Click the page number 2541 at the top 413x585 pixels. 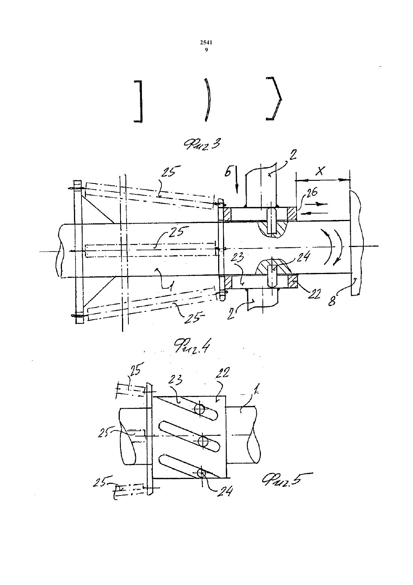[x=206, y=43]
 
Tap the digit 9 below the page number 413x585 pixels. [x=206, y=50]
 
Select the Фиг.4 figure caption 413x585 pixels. [x=192, y=346]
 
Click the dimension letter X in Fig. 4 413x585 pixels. [x=320, y=171]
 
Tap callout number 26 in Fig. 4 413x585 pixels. [x=310, y=193]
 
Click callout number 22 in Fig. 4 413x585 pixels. [x=314, y=294]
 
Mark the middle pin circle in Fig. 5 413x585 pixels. [x=203, y=441]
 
